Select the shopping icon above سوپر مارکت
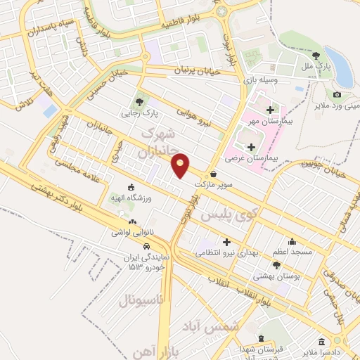[x=214, y=174]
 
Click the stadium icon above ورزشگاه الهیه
[x=131, y=186]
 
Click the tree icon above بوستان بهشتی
[x=276, y=265]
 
